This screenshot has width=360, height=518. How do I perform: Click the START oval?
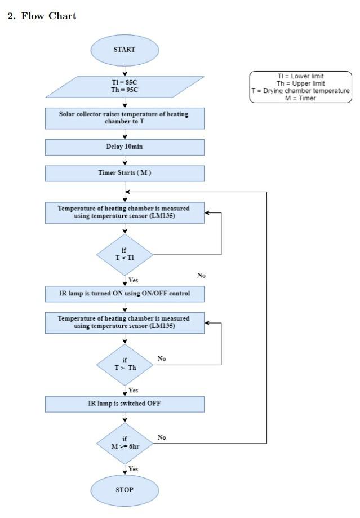pos(125,50)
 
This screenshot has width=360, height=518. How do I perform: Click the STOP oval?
pos(125,490)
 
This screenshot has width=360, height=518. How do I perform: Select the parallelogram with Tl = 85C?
pos(125,87)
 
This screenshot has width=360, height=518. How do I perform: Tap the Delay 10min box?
pos(125,147)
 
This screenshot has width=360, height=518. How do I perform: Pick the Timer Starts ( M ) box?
pos(125,174)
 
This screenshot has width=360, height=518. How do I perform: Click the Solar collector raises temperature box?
pos(125,118)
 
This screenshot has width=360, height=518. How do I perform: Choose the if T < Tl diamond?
pos(125,255)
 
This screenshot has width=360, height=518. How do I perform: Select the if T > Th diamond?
pos(125,365)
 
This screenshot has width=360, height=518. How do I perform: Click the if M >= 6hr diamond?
pos(125,444)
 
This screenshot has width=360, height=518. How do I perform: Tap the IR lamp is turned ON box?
pos(125,294)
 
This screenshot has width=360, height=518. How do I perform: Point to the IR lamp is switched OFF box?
pos(125,404)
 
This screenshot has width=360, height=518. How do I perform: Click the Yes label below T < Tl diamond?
pos(133,280)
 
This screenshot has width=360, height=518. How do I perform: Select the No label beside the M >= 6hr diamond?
pos(162,437)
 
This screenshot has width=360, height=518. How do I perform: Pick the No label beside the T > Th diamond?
pos(162,359)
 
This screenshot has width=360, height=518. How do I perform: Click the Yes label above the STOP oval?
pos(133,469)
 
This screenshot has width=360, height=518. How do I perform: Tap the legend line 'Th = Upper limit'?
pos(300,83)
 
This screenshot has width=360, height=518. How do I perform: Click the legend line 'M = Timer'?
pos(300,98)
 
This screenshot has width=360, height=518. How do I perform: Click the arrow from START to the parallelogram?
pos(125,71)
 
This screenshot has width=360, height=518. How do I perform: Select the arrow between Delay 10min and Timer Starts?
pos(125,160)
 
